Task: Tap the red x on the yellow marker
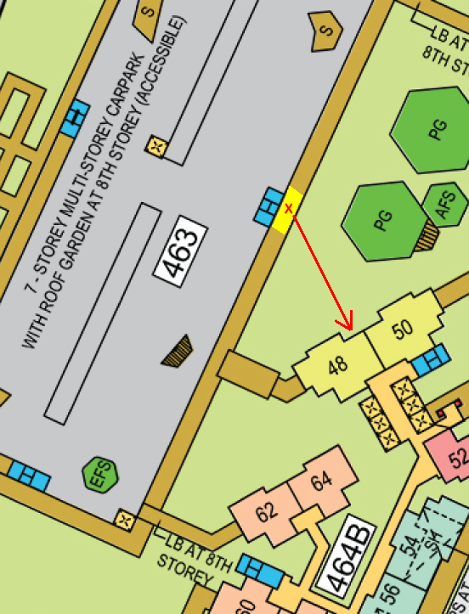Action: pyautogui.click(x=289, y=208)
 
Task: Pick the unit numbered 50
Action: pyautogui.click(x=404, y=328)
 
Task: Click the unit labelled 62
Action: pyautogui.click(x=266, y=513)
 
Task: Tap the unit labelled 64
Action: pyautogui.click(x=320, y=482)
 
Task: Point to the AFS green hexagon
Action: pyautogui.click(x=446, y=204)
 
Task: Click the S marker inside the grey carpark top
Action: pyautogui.click(x=325, y=31)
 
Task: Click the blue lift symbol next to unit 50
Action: pyautogui.click(x=431, y=360)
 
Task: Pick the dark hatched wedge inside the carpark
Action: pyautogui.click(x=178, y=351)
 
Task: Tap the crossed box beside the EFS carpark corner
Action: pyautogui.click(x=126, y=518)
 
